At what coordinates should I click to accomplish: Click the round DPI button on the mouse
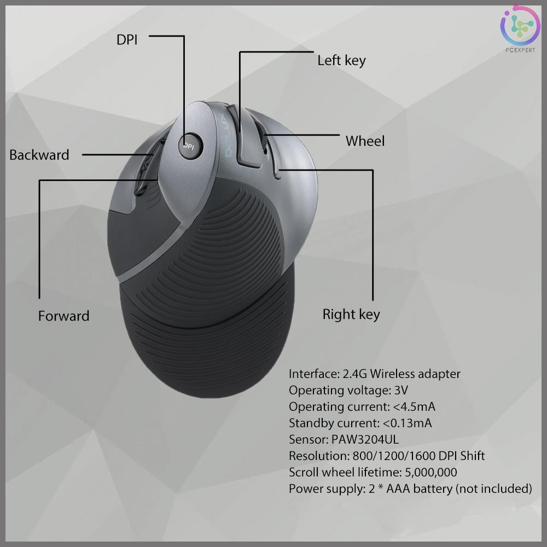(x=190, y=146)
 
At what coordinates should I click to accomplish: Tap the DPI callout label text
(x=127, y=40)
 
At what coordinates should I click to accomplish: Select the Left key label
(x=341, y=60)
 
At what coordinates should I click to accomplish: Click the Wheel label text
(x=365, y=141)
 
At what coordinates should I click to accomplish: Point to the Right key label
(x=351, y=315)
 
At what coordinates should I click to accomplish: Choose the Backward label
(x=39, y=155)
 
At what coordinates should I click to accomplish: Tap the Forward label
(x=63, y=316)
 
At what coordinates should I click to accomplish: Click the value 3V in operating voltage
(x=400, y=390)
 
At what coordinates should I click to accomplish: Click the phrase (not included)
(x=493, y=488)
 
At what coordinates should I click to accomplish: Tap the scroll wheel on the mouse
(x=265, y=143)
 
